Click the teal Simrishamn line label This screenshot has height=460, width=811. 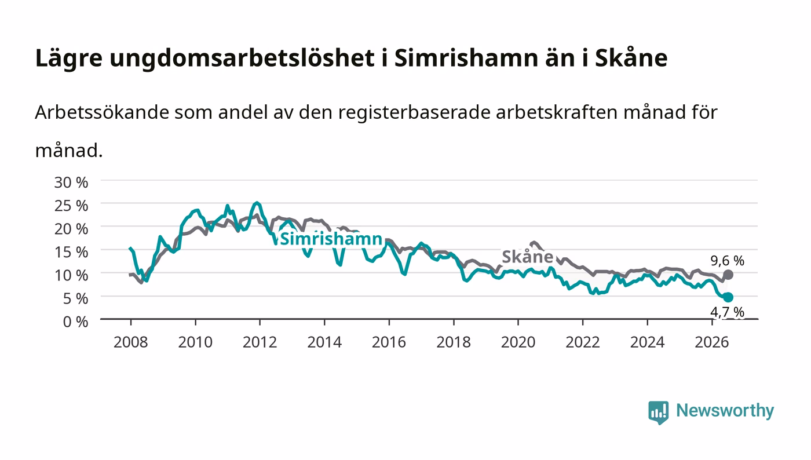coord(331,239)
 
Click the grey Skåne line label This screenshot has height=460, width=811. coord(528,257)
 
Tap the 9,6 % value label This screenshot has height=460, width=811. coord(727,261)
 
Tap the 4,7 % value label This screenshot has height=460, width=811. coord(727,312)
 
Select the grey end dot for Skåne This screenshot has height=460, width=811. coord(728,275)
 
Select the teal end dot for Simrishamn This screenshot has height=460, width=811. coord(728,297)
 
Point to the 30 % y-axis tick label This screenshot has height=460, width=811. coord(71,182)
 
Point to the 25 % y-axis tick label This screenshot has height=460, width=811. coord(71,205)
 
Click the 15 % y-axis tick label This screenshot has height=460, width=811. coord(71,252)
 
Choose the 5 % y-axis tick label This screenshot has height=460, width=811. coord(76,298)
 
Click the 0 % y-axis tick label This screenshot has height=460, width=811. coord(76,322)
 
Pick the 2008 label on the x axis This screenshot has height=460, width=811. coord(131,342)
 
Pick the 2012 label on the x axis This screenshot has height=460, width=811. coord(260,342)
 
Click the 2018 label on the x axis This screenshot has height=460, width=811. coord(454,342)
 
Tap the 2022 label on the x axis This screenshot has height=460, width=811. coord(583,342)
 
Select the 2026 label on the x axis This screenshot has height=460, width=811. coord(712,342)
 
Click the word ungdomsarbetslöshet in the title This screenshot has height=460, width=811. coord(242,59)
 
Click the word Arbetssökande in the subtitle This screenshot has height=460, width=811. coord(102,112)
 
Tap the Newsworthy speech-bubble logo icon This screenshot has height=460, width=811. coord(659,412)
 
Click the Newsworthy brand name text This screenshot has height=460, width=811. coord(725,410)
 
